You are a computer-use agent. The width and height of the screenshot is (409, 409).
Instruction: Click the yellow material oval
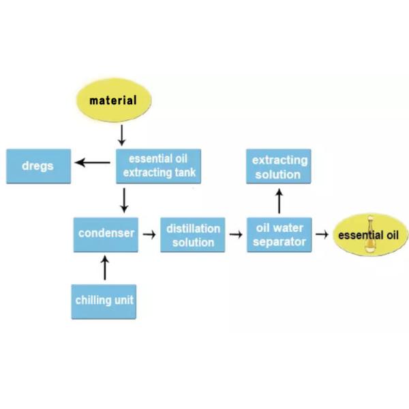tap(114, 100)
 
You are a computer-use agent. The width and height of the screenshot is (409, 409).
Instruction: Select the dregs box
tap(39, 166)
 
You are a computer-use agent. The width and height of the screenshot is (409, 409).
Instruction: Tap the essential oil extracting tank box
tap(159, 166)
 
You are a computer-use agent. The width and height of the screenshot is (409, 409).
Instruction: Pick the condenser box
tap(106, 234)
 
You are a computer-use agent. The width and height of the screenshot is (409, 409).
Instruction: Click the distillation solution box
tap(193, 234)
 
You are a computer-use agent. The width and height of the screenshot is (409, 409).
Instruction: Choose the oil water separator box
tap(279, 234)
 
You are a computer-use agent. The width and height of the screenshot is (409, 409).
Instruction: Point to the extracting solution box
tap(279, 166)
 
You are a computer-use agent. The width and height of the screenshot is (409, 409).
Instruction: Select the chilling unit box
tap(104, 302)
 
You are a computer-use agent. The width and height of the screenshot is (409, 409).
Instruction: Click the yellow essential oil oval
tap(370, 234)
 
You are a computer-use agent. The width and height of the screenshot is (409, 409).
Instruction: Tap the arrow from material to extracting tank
tap(121, 135)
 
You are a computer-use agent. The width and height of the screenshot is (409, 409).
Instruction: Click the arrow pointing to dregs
tap(93, 162)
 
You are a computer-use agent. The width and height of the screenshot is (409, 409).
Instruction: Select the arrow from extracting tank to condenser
tap(124, 200)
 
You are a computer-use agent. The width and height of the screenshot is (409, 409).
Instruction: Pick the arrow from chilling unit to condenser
tap(105, 268)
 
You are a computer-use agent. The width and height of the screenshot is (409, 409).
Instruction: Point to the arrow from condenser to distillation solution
tap(149, 234)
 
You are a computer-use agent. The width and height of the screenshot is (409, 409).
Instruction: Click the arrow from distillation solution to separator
tap(236, 234)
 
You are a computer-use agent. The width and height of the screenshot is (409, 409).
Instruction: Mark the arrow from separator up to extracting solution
tap(279, 201)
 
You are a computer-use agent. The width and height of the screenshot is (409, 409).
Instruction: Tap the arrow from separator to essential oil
tap(322, 234)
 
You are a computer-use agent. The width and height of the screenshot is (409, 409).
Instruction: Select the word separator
tap(279, 242)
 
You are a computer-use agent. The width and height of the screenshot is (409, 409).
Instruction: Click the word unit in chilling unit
tap(124, 300)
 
